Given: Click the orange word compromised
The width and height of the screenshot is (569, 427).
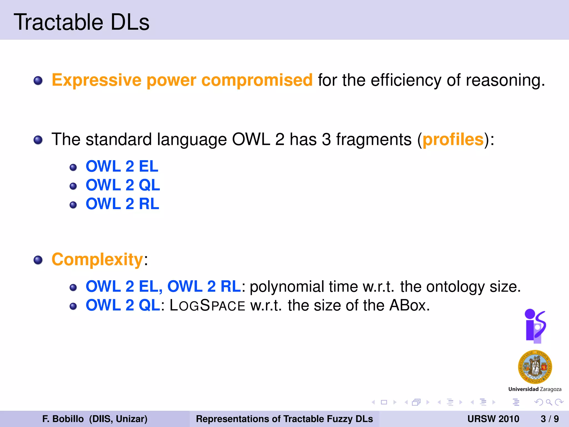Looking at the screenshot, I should click(257, 80).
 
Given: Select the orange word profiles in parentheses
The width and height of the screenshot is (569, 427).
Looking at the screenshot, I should click(453, 139).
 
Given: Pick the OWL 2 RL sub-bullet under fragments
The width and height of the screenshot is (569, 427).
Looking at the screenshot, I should click(122, 204).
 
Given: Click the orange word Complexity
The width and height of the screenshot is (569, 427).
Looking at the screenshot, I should click(97, 260).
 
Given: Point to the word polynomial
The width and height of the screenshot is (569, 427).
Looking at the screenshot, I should click(287, 287).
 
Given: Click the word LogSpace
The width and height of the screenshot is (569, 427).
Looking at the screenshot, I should click(207, 305).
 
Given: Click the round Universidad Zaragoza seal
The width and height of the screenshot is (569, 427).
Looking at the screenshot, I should click(535, 367).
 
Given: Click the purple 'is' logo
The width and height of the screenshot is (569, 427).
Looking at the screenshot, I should click(535, 326).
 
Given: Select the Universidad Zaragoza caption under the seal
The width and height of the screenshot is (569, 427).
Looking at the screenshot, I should click(535, 389).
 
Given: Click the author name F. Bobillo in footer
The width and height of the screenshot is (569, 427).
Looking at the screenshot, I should click(63, 419).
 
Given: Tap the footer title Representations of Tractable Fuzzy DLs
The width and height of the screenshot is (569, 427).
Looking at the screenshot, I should click(284, 419).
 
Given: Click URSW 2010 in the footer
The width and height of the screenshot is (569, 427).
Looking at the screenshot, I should click(493, 419).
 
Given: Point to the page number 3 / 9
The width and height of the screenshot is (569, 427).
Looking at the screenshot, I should click(550, 419).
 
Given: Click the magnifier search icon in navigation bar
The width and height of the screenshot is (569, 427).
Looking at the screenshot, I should click(549, 402).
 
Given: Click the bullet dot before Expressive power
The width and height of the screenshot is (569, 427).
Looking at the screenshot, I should click(38, 81).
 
